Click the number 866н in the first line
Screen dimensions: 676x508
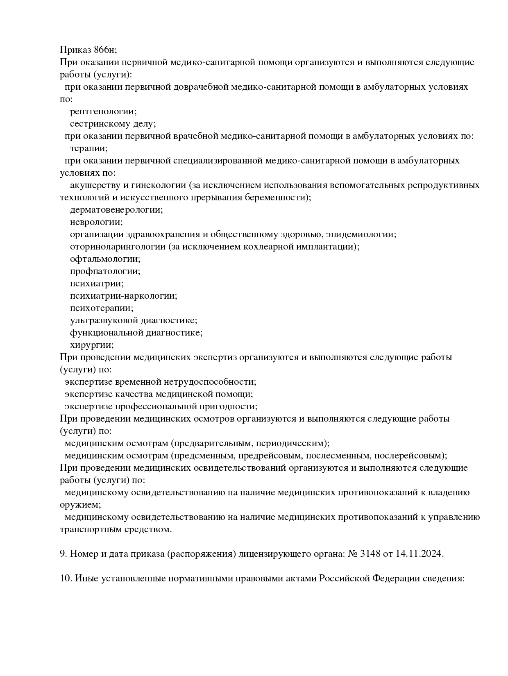(104, 50)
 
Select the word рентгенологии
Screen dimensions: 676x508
(103, 111)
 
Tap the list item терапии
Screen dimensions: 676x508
(88, 148)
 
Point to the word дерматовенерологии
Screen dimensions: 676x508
(116, 210)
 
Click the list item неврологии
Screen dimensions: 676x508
(96, 222)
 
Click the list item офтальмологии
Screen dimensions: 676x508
(104, 259)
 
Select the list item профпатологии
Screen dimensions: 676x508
(104, 271)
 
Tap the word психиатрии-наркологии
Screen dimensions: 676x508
(123, 296)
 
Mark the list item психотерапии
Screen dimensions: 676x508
(101, 308)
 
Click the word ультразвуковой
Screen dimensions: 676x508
(102, 320)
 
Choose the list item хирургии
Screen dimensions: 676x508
(91, 345)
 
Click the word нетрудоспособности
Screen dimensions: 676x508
(210, 382)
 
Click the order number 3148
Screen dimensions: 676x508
(370, 554)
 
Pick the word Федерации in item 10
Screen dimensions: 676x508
(396, 578)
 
